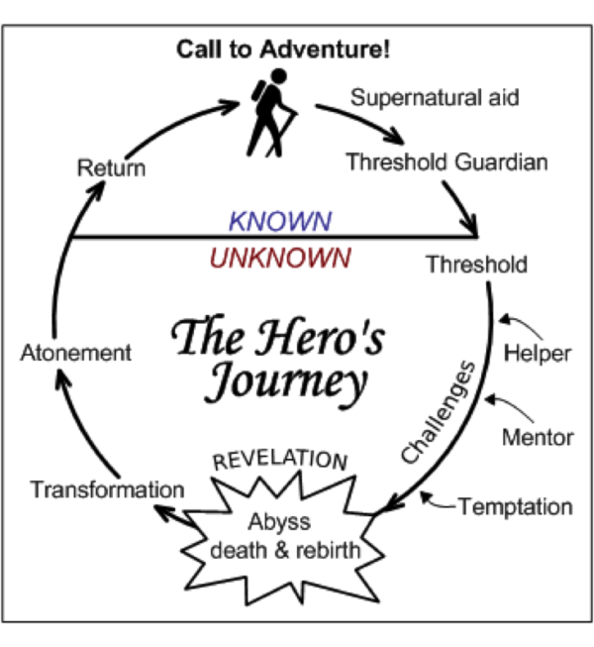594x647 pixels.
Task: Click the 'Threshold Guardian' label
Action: [446, 162]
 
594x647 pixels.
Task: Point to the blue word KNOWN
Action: [280, 219]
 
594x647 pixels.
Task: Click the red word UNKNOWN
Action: [280, 258]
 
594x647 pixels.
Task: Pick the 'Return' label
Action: [111, 166]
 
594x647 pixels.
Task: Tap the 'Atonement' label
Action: [76, 352]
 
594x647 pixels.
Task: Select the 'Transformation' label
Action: [107, 488]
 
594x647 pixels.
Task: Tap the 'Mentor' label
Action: [539, 435]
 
